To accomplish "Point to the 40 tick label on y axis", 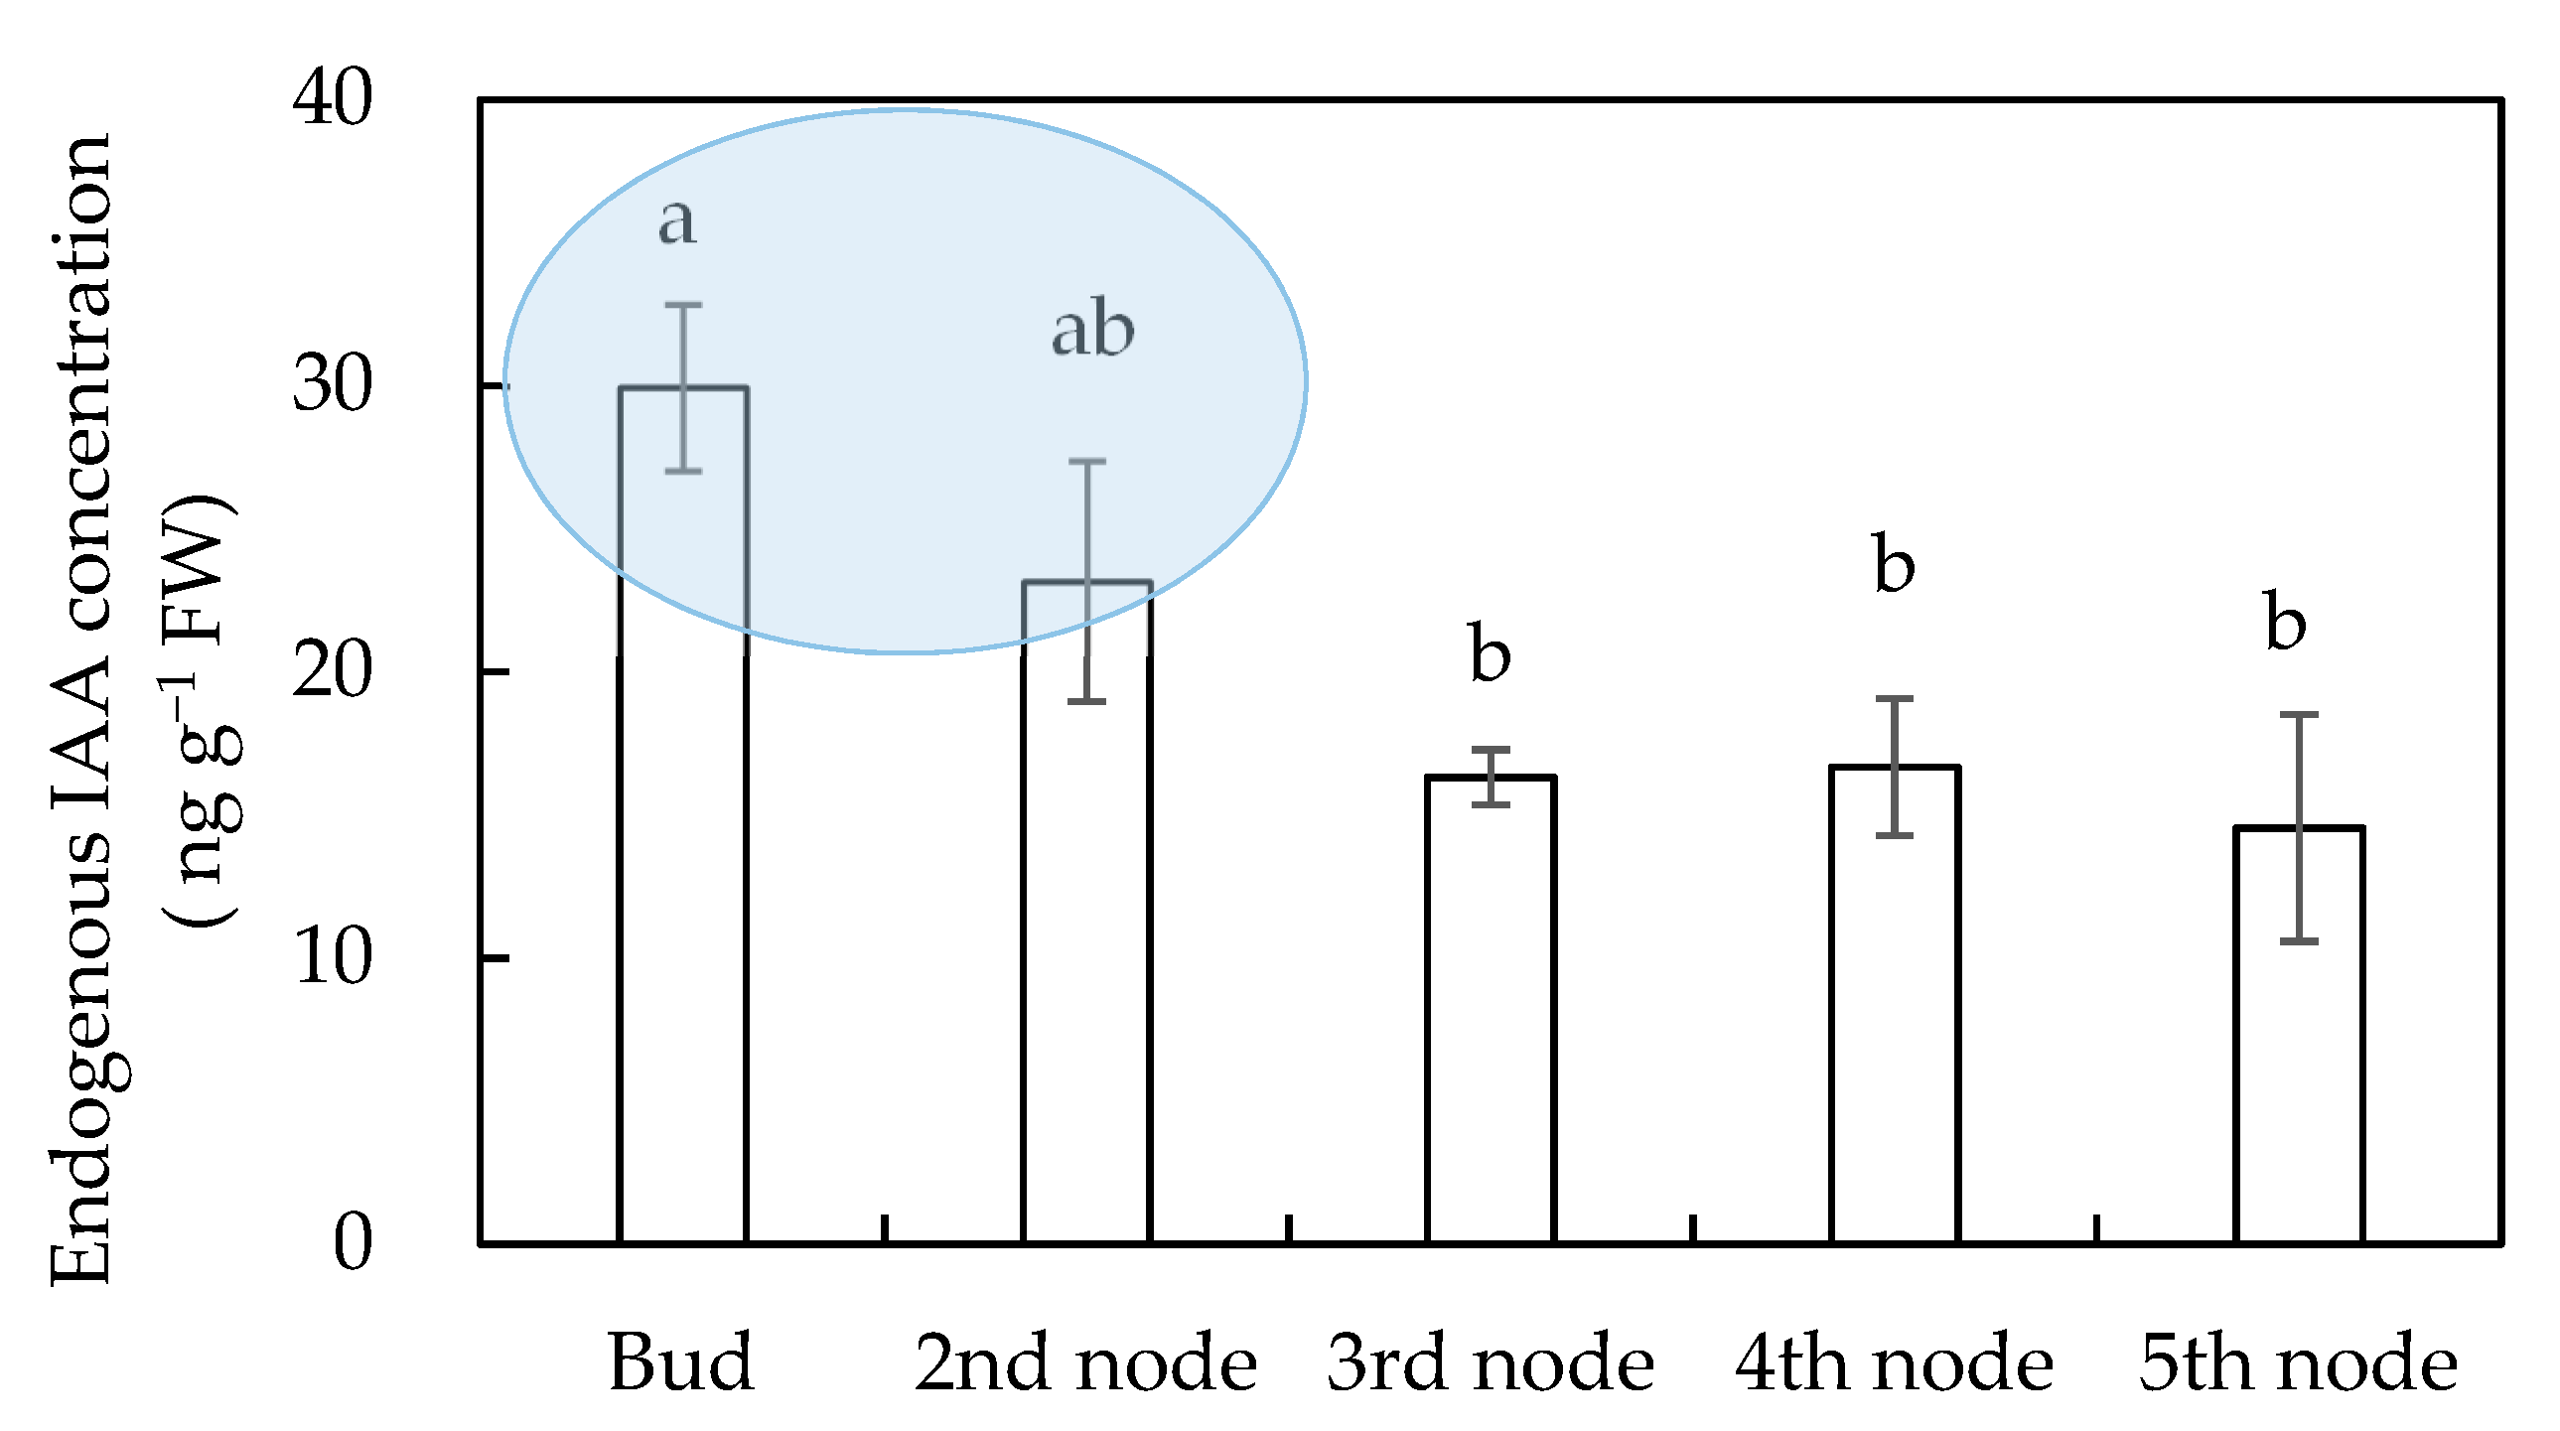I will coord(333,99).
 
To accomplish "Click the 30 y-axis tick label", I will coord(333,385).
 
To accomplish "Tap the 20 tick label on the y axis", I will coord(333,671).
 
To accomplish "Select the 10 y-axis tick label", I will coord(333,958).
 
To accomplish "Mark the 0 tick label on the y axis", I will coord(353,1243).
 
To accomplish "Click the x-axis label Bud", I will coord(681,1363).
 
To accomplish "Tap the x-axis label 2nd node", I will coord(1086,1363).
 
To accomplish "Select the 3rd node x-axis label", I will coord(1491,1363).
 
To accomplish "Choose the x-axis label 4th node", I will coord(1894,1363).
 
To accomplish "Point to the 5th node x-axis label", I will coord(2299,1363).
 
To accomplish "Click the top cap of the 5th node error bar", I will coord(2299,714).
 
